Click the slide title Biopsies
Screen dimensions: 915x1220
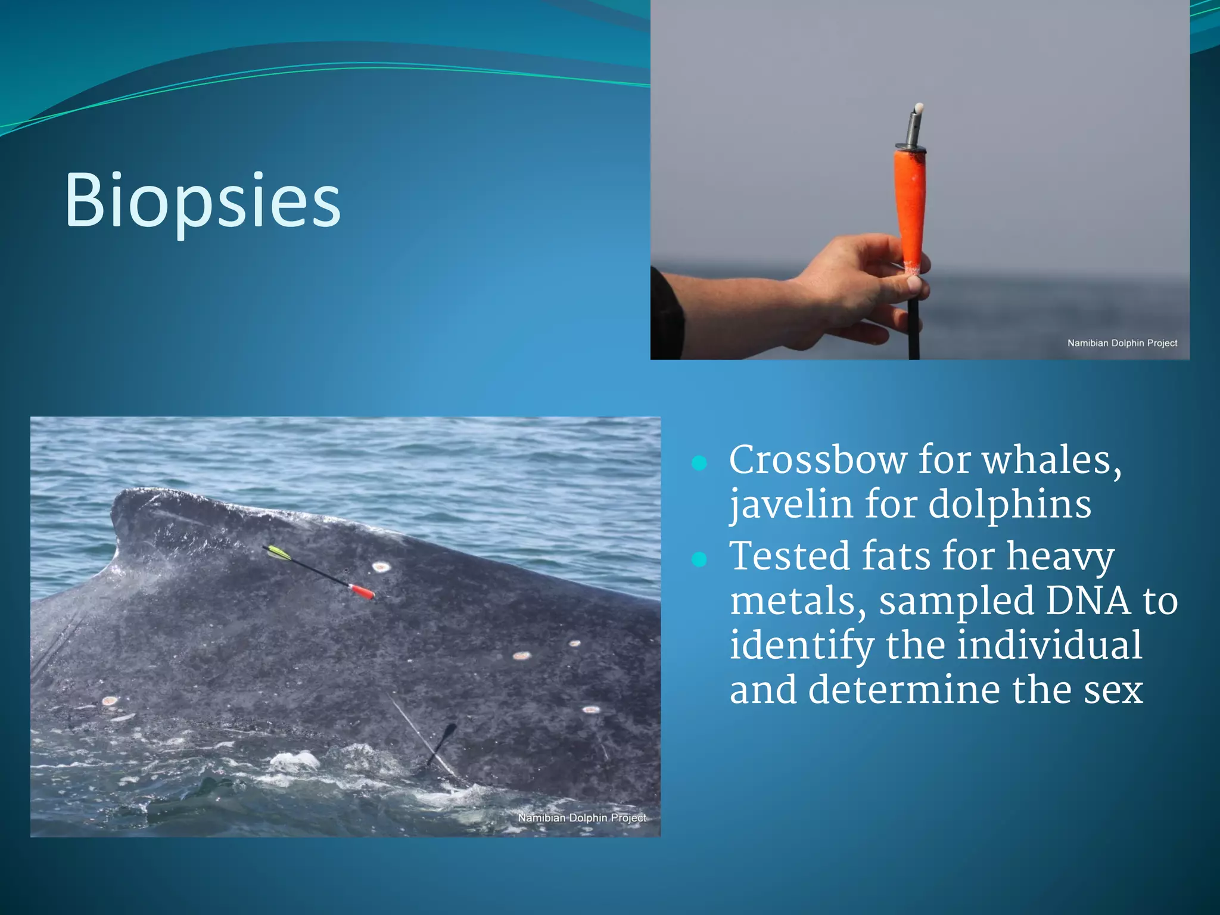tap(203, 200)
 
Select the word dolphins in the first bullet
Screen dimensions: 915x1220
tap(1010, 505)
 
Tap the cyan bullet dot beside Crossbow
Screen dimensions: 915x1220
tap(699, 463)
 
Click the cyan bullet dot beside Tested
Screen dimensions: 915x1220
tap(699, 559)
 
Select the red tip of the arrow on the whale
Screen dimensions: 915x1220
tap(362, 591)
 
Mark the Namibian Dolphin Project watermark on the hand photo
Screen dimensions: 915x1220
tap(1122, 343)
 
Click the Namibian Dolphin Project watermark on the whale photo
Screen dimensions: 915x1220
tap(581, 818)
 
